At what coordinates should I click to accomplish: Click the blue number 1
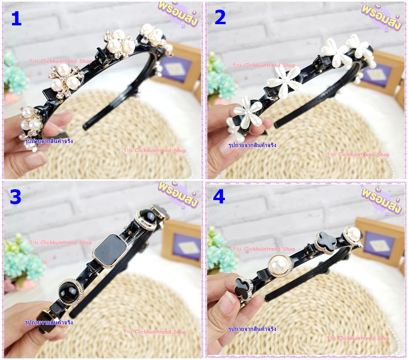(x=17, y=19)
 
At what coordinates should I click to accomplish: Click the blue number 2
(x=220, y=18)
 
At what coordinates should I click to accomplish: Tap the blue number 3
(x=15, y=197)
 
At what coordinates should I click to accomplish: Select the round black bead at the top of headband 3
(x=146, y=220)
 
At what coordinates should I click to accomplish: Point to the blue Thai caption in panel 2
(x=252, y=145)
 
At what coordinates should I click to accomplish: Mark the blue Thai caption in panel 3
(x=49, y=323)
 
